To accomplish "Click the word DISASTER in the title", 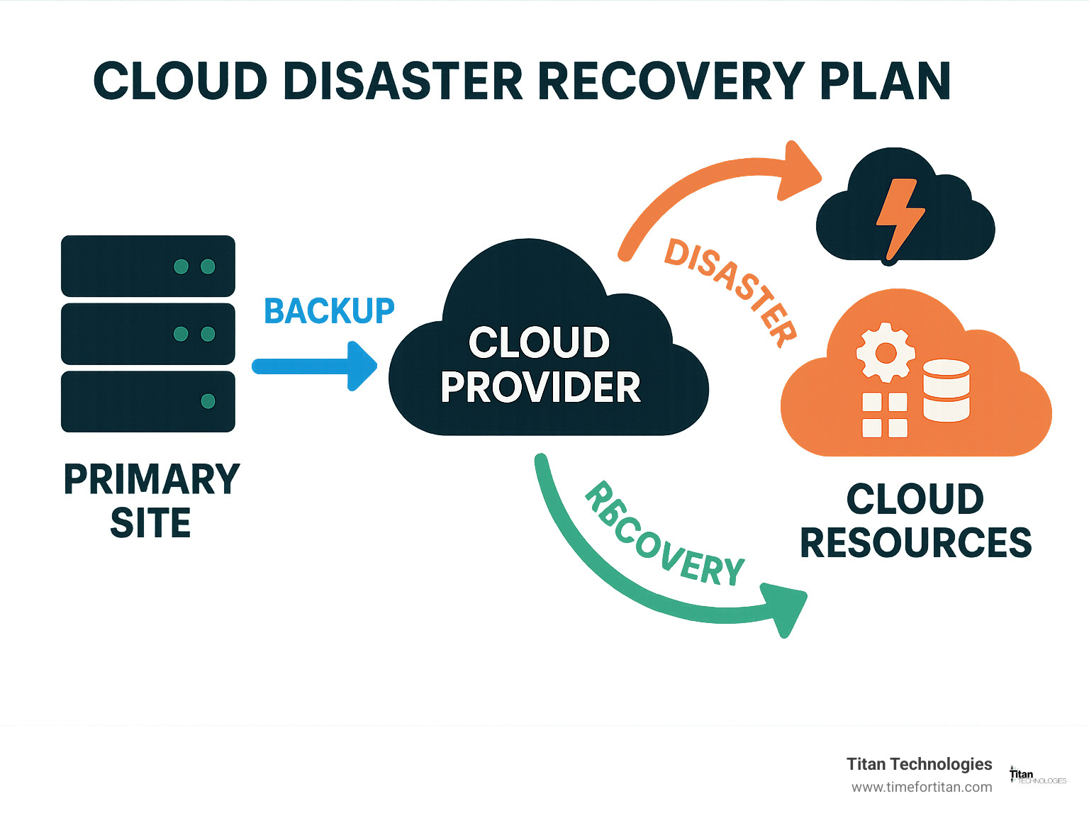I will pyautogui.click(x=406, y=81).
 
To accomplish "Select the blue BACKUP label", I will pyautogui.click(x=329, y=311).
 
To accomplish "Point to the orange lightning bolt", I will pyautogui.click(x=898, y=215).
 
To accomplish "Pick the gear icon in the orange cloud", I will pyautogui.click(x=886, y=352).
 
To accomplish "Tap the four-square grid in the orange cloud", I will pyautogui.click(x=884, y=415).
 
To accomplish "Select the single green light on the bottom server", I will pyautogui.click(x=208, y=401).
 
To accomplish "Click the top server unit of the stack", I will pyautogui.click(x=147, y=266).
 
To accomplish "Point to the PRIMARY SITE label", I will pyautogui.click(x=151, y=500).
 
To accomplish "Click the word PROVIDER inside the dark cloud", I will pyautogui.click(x=540, y=387).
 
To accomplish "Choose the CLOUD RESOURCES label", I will pyautogui.click(x=915, y=521).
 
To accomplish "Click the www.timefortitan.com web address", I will pyautogui.click(x=922, y=787).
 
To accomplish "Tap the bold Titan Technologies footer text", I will pyautogui.click(x=919, y=763).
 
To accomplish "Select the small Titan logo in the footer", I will pyautogui.click(x=1037, y=776).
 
